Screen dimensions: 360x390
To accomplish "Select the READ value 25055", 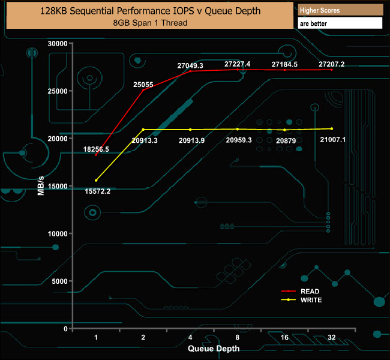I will click(x=144, y=85).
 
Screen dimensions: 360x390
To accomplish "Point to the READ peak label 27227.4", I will click(x=237, y=64).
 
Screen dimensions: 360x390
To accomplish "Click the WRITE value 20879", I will click(x=284, y=140).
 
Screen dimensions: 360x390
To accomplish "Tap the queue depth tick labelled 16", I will click(x=284, y=338).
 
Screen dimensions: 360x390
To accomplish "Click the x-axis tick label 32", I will click(x=331, y=338).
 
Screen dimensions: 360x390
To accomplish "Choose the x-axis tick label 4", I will click(x=190, y=338).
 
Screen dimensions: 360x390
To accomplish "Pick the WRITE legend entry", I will click(x=303, y=299).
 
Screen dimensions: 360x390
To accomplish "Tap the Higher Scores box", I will click(x=340, y=10).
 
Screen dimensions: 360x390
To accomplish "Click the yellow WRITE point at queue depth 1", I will click(x=96, y=180).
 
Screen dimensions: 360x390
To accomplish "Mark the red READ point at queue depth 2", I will click(x=143, y=90).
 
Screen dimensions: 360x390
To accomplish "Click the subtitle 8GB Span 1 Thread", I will click(x=149, y=23).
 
